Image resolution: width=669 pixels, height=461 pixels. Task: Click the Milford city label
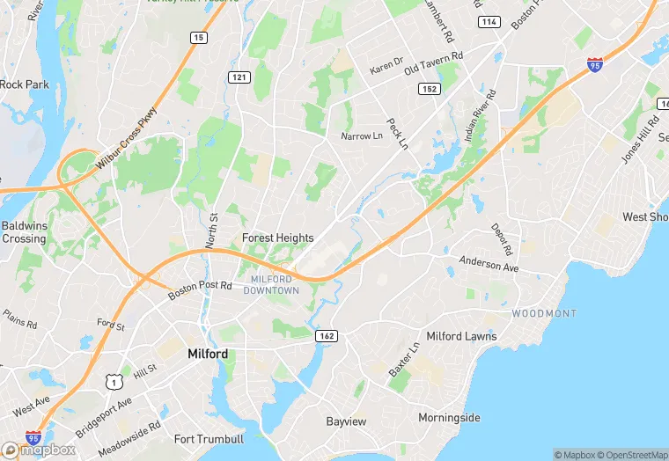[208, 354]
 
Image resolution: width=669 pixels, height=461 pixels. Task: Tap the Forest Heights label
[278, 238]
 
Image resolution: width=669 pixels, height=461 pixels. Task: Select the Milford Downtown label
[271, 284]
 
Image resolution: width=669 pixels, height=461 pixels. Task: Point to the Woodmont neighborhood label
[544, 313]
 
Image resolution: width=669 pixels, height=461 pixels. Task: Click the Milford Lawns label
[461, 336]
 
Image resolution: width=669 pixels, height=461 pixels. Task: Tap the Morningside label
[449, 417]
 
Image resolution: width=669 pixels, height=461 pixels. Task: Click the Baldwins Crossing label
[23, 232]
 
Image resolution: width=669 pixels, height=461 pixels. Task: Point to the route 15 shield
[199, 37]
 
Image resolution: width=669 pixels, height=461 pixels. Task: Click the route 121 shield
[239, 77]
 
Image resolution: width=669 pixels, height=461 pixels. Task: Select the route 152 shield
[430, 89]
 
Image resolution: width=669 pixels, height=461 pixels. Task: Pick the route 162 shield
[327, 336]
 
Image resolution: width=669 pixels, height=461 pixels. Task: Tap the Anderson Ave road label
[489, 264]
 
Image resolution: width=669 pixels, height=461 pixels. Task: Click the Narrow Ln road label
[362, 136]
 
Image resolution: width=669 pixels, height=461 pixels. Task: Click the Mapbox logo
[40, 450]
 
